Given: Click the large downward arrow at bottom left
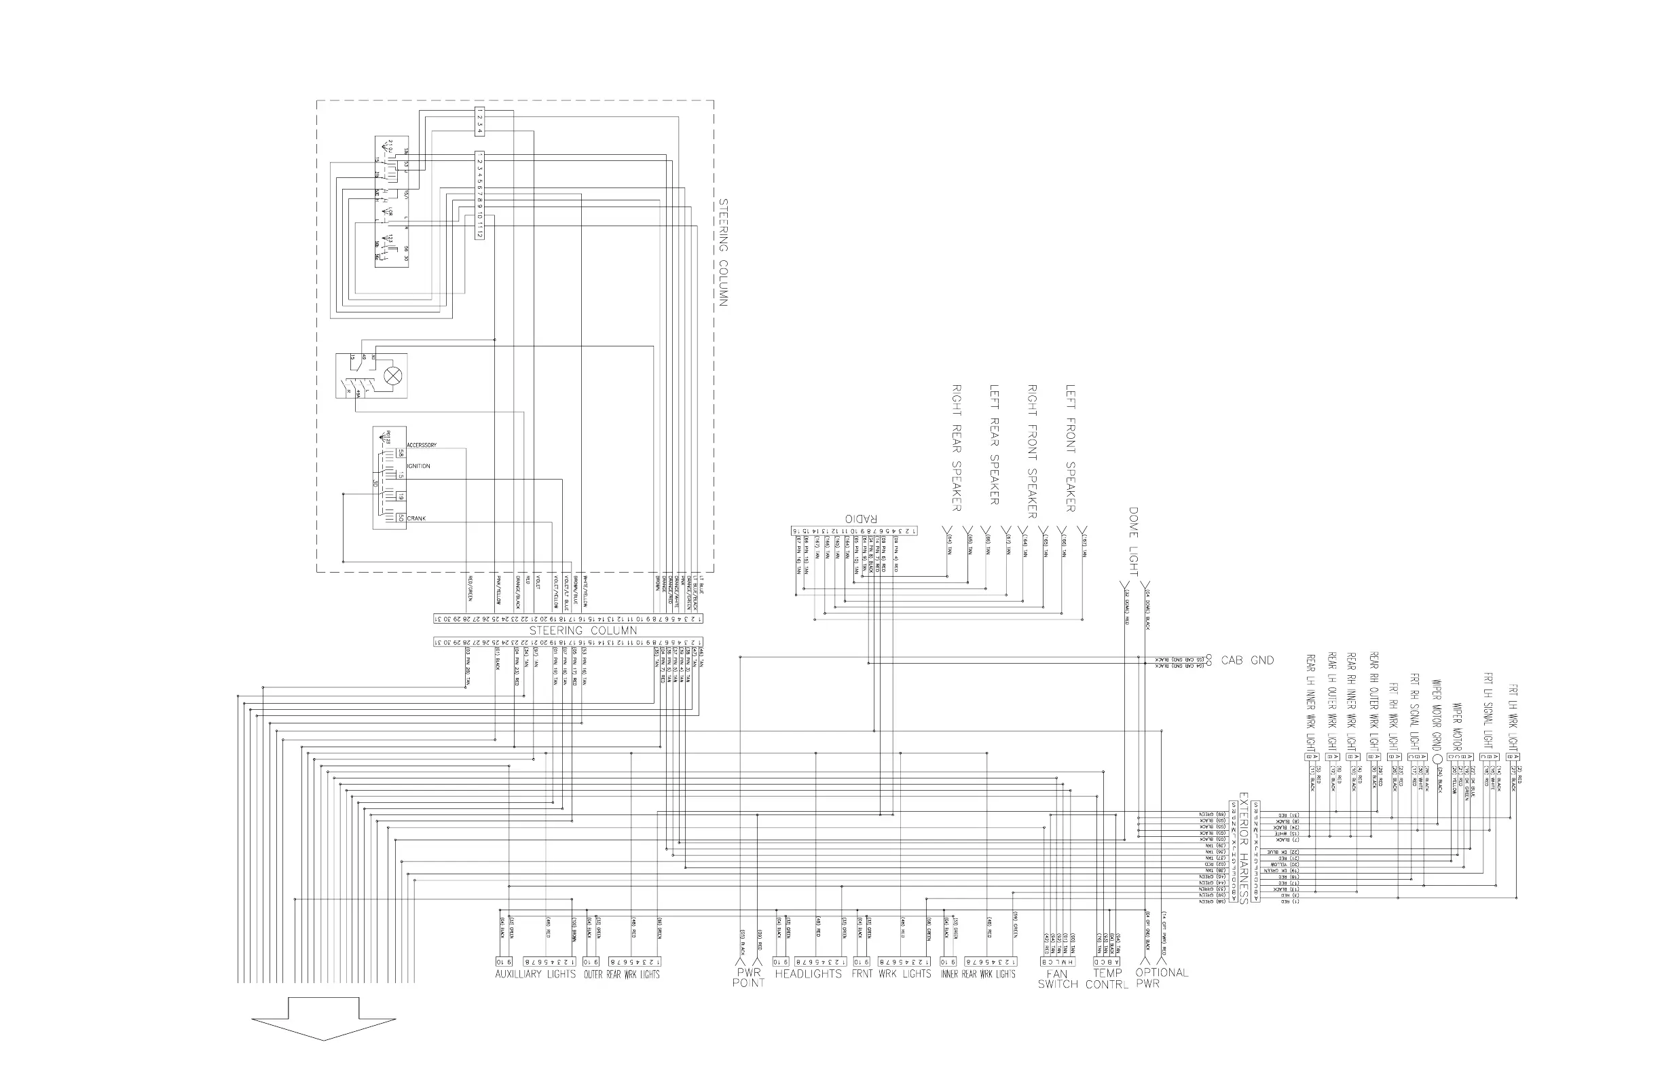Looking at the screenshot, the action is tap(323, 1019).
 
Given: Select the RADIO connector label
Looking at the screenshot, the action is tap(860, 518).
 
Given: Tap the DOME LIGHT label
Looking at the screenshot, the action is tap(1132, 541).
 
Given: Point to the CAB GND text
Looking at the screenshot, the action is tap(1247, 660).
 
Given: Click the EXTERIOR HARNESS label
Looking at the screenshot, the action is tap(1243, 848).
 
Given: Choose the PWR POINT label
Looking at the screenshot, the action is tap(749, 978).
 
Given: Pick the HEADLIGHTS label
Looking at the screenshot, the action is tap(808, 973).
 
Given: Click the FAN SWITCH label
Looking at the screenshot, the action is tap(1057, 978).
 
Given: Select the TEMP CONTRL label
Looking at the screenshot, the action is tap(1107, 978).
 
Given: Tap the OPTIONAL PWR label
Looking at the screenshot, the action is tap(1162, 978).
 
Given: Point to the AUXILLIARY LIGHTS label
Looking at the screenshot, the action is tap(535, 974).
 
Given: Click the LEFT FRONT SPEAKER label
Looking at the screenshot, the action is tap(1071, 448).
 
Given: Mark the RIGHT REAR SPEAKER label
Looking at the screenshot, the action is tap(957, 448).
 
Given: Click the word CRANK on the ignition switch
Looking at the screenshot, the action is tap(416, 518).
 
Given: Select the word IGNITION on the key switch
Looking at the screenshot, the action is tap(419, 466).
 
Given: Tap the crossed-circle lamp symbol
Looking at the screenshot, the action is tap(393, 375).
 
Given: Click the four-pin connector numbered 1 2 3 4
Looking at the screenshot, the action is tap(479, 122).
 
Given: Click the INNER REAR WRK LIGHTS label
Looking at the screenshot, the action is tap(978, 974).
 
